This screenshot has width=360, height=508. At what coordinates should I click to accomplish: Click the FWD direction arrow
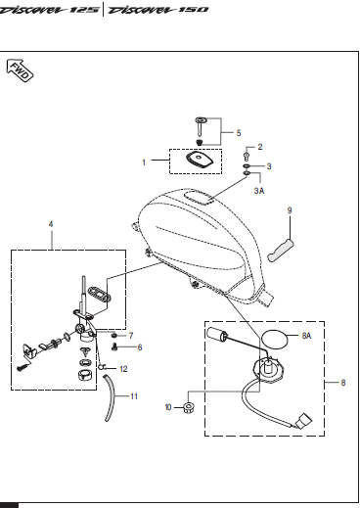point(20,70)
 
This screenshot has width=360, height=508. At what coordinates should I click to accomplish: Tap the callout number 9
point(290,210)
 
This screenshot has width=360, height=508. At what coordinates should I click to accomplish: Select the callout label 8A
point(306,336)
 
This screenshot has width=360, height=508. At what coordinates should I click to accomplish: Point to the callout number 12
point(123,369)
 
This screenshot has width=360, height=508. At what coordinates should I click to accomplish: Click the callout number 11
point(134,396)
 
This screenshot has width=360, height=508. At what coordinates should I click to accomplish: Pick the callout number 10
point(168,407)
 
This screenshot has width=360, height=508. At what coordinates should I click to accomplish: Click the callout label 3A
point(259,191)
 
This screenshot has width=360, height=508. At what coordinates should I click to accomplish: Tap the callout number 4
point(51,224)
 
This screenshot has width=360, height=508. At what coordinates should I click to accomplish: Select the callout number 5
point(239,133)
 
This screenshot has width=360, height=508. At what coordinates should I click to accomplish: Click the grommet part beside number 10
point(189,407)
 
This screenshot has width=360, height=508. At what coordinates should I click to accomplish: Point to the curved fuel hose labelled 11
point(110,397)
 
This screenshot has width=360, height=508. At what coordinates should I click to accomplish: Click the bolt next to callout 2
point(247,156)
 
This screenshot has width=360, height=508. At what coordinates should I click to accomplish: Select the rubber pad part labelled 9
point(281,251)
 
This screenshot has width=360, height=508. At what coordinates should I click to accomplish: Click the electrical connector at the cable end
point(304,421)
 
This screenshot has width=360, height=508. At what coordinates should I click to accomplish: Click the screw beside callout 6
point(114,347)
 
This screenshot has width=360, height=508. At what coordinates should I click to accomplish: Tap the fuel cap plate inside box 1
point(200,160)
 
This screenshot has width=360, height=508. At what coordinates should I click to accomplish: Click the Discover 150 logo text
point(158,10)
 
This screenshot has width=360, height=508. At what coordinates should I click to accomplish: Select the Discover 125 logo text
point(49,10)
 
